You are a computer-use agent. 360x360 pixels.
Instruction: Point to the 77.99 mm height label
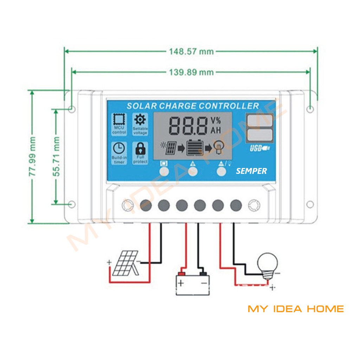pos(32,156)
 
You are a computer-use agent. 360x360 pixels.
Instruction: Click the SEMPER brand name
pos(251,171)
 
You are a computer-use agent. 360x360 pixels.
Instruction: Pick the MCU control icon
pos(119,121)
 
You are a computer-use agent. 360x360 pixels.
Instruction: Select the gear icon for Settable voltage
pos(140,120)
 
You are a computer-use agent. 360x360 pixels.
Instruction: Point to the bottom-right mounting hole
pos(310,204)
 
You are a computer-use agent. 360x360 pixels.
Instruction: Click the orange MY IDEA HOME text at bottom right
pos(296,309)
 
